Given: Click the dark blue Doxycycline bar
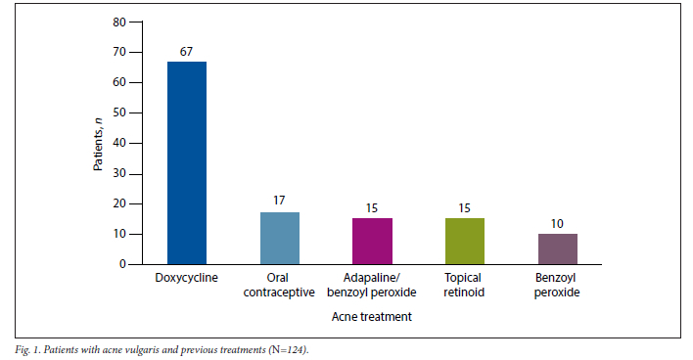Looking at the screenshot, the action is [x=187, y=163].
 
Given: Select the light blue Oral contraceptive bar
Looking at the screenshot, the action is [x=280, y=239].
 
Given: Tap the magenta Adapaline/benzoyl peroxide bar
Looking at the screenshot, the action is [x=372, y=242].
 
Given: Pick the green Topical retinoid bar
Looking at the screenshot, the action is [x=465, y=242].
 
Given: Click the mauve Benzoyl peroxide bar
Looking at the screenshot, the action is [x=558, y=249].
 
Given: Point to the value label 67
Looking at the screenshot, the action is [x=187, y=52].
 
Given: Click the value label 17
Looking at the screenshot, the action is [x=279, y=201].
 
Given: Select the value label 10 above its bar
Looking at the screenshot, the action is [x=557, y=224].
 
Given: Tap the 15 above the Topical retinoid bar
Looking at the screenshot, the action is [x=464, y=208].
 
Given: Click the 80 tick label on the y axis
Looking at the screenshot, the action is [x=119, y=22].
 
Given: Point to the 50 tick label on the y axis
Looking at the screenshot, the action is [x=119, y=112].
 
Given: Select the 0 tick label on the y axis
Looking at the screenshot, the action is [x=122, y=264].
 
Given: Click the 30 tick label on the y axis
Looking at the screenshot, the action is [x=119, y=173].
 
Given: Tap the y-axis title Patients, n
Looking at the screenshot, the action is [x=98, y=145].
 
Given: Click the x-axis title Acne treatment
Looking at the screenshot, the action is [x=372, y=317].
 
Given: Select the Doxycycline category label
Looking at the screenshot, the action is [x=187, y=278].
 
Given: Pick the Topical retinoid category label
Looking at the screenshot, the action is [x=464, y=285].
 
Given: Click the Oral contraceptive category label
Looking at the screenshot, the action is [x=279, y=285].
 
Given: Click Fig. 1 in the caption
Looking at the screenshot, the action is [x=27, y=350].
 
